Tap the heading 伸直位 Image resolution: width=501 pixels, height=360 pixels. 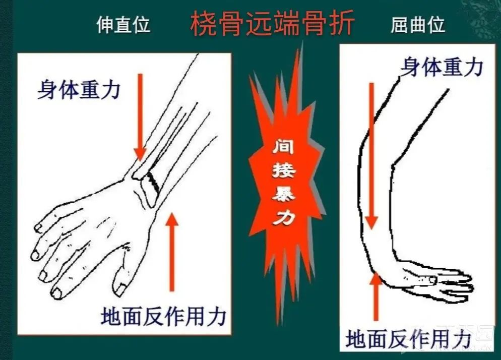tap(123, 25)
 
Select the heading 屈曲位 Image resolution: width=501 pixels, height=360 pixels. tap(418, 25)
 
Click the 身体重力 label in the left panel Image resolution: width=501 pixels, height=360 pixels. tap(79, 90)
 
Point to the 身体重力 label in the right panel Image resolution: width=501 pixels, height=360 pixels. tap(442, 67)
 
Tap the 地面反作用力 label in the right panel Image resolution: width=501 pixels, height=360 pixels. tap(408, 339)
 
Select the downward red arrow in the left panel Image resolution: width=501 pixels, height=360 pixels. tap(140, 117)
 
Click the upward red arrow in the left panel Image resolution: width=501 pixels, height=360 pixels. tap(172, 252)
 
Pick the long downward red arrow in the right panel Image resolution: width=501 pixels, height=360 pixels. tap(371, 156)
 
